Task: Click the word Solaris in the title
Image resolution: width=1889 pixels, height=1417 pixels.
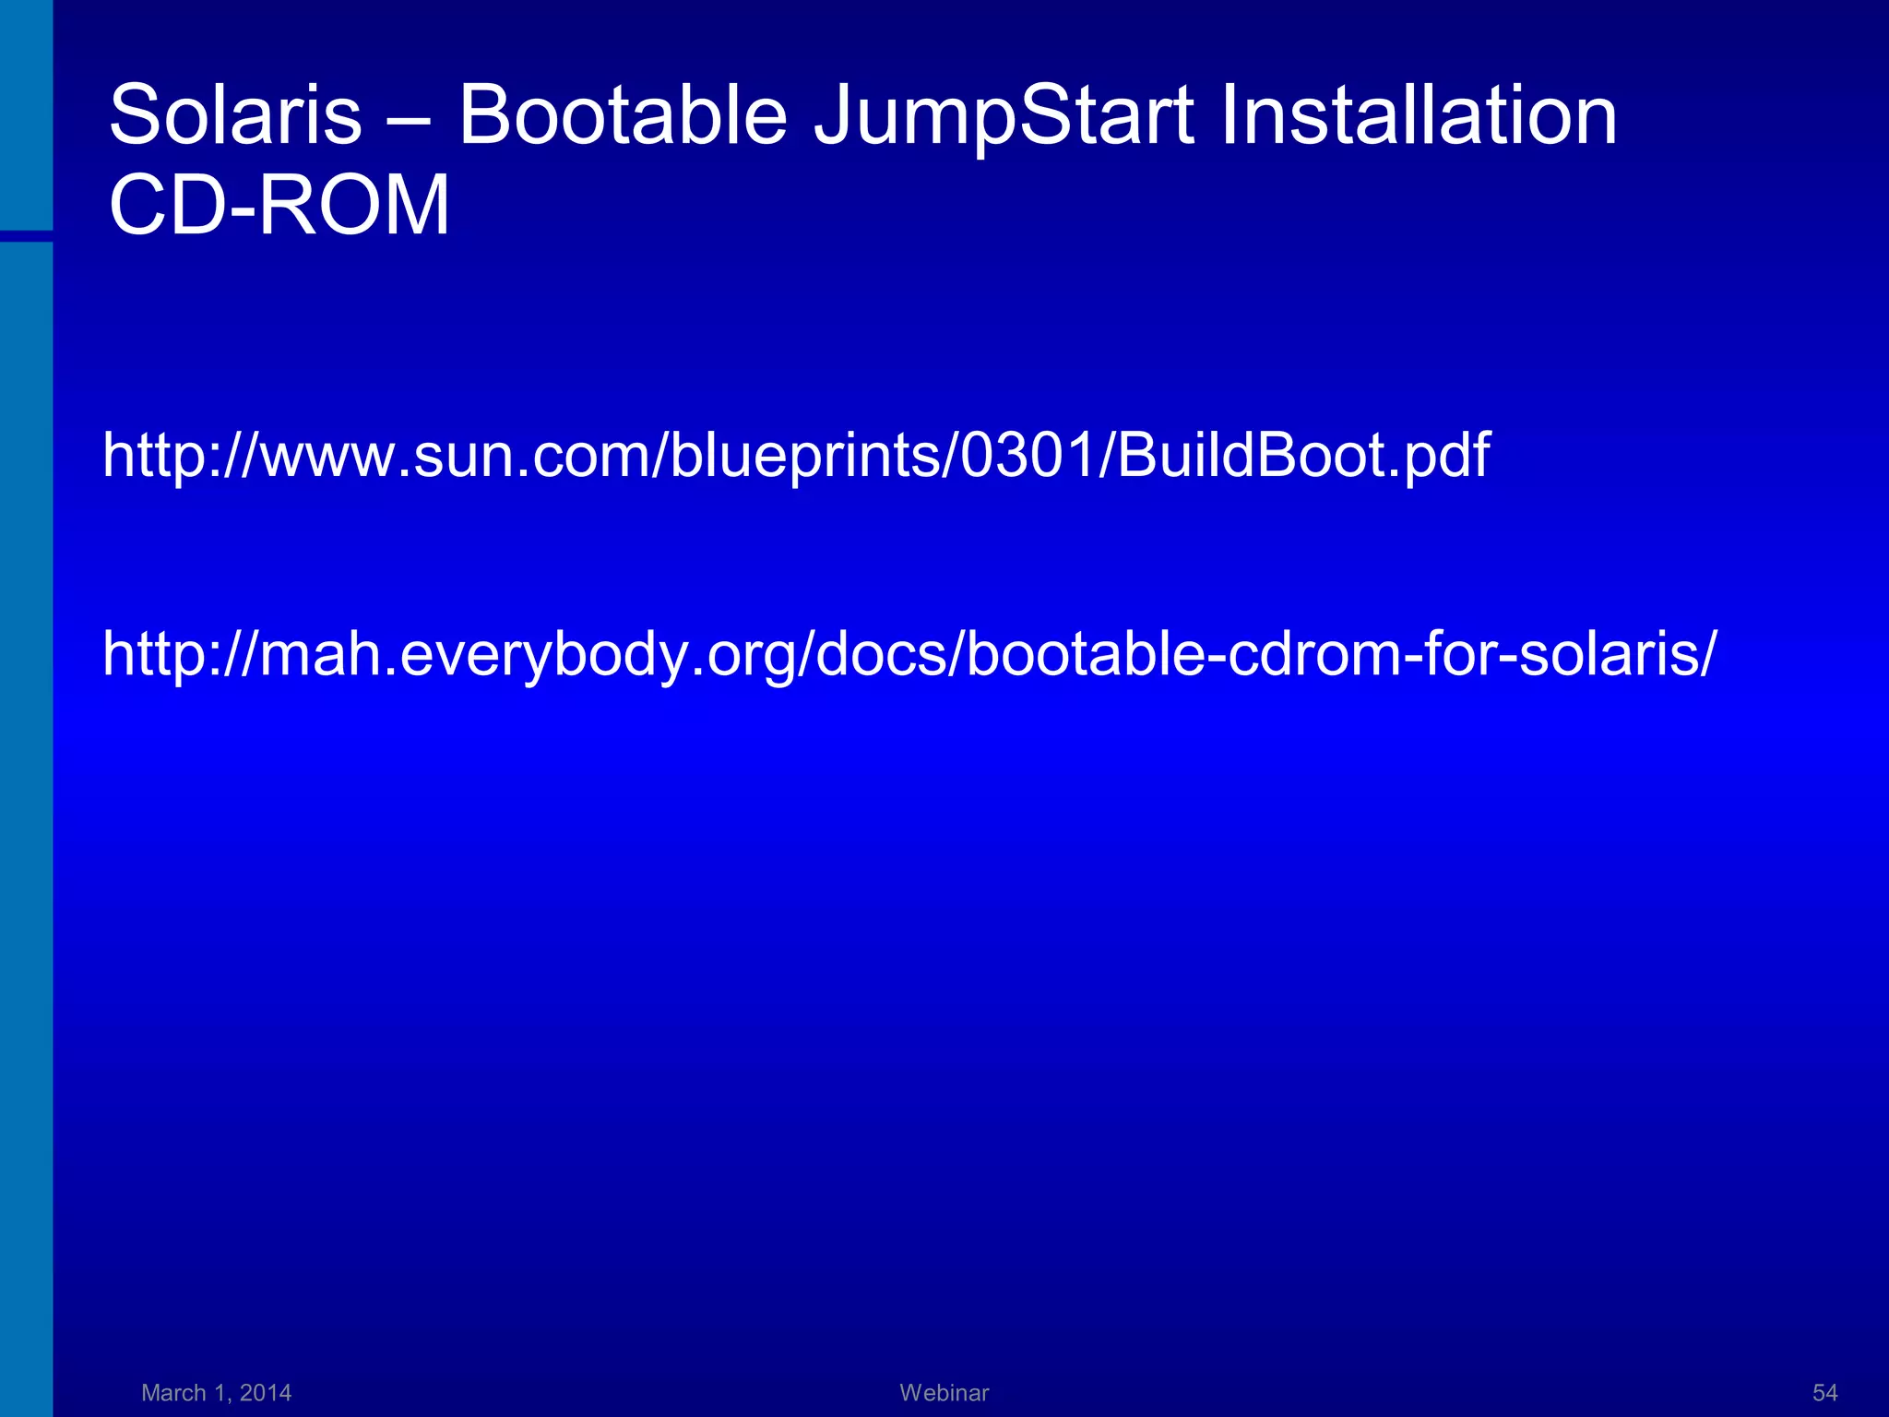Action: [235, 115]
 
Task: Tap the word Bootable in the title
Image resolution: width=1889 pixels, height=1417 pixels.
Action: [623, 115]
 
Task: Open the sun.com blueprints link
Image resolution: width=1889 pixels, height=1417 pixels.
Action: [795, 456]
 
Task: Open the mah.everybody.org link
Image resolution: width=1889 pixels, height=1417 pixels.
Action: [909, 654]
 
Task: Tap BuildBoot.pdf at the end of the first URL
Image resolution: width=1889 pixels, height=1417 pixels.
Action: [1302, 456]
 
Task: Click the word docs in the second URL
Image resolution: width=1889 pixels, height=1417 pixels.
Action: [881, 654]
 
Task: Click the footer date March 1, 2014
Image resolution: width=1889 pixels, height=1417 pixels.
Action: [217, 1392]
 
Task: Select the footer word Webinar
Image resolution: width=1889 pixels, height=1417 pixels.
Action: [944, 1392]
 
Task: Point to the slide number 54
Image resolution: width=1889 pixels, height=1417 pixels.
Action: [1824, 1392]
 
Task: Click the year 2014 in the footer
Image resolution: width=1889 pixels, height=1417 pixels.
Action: [265, 1392]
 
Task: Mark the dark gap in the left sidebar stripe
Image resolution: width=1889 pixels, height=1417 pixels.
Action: [26, 236]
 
